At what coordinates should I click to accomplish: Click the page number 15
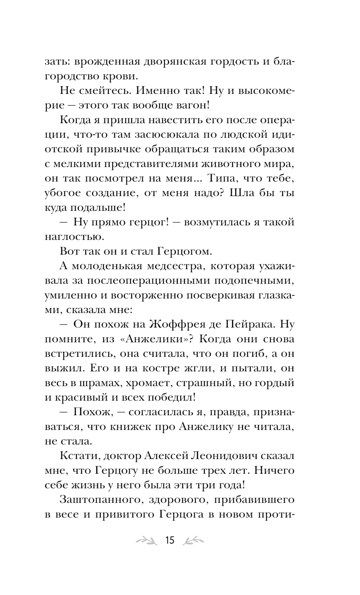[x=169, y=540]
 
